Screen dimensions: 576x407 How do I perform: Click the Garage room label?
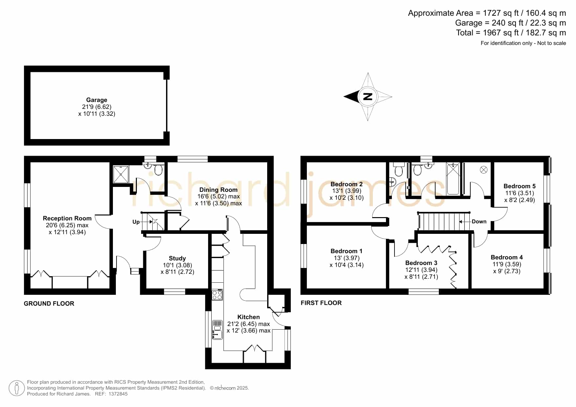point(96,100)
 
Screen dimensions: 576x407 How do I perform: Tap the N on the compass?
point(368,97)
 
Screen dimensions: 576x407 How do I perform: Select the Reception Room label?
point(67,218)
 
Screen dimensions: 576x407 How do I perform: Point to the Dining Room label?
point(218,190)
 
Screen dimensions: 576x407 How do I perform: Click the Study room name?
point(177,258)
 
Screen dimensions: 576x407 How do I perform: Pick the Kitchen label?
point(248,317)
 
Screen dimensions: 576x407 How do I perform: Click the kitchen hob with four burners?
point(217,295)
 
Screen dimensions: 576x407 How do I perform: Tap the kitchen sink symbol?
point(217,330)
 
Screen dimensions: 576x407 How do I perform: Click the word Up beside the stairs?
point(136,222)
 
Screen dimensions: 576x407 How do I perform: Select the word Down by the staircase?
point(479,222)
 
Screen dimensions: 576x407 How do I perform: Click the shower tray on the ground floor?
point(121,174)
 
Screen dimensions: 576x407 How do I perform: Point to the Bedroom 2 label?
point(347,184)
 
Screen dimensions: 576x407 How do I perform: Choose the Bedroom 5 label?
point(520,186)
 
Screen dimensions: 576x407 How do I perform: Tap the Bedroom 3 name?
point(421,263)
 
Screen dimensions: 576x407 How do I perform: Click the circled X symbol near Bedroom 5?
point(483,170)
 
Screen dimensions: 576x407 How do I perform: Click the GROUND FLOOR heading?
point(49,304)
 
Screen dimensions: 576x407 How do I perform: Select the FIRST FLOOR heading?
point(321,303)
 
